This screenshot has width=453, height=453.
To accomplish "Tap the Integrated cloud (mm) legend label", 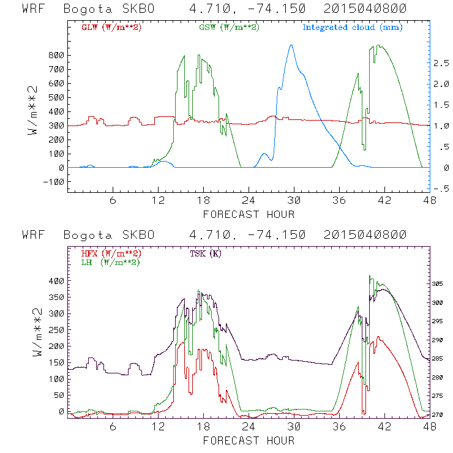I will pos(353,28).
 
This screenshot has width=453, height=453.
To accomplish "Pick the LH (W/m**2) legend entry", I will pos(111,262).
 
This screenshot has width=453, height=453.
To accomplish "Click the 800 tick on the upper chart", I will pos(57,55).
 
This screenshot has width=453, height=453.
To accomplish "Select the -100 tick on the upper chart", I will pos(54,182).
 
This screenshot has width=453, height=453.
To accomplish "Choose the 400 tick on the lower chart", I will pos(57,280).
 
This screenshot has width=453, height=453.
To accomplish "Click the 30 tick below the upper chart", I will pos(294,201).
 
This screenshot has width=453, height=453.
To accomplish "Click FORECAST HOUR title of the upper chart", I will pos(249,214).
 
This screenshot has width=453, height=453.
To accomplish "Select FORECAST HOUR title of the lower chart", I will pos(249,440).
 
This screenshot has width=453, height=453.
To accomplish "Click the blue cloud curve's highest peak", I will pos(291,45).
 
